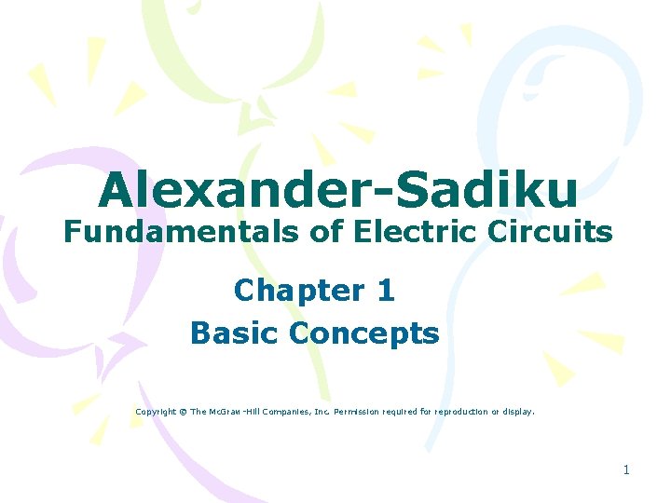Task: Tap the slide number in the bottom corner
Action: pyautogui.click(x=626, y=470)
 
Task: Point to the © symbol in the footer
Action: pyautogui.click(x=183, y=411)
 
